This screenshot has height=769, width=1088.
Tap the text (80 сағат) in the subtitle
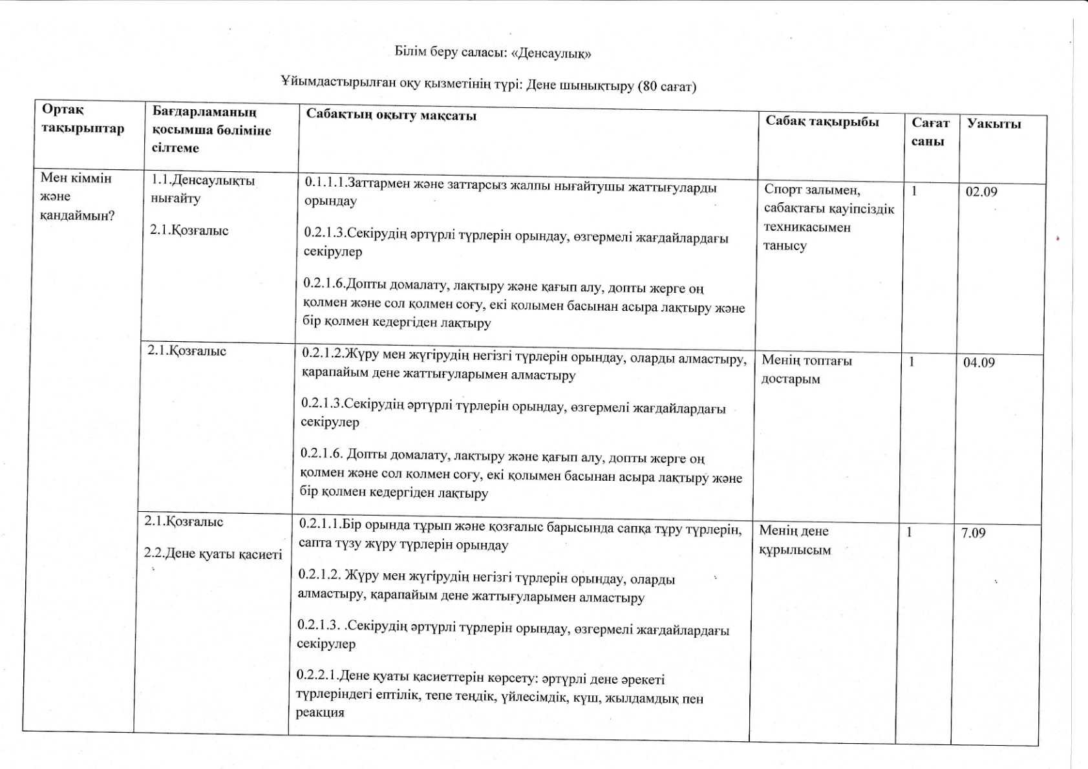[x=667, y=86]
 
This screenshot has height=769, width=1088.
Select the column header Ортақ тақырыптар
[x=82, y=119]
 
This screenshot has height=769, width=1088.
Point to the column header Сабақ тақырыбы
[x=822, y=121]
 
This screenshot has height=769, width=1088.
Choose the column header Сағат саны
[x=930, y=131]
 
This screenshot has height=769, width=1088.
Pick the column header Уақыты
[x=994, y=123]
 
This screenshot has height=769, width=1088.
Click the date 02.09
[x=981, y=192]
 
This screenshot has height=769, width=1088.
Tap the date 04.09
[x=979, y=363]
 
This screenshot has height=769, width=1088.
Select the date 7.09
[x=973, y=533]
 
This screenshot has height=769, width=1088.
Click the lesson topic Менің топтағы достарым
[x=806, y=369]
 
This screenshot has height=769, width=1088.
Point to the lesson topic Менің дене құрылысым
[x=794, y=540]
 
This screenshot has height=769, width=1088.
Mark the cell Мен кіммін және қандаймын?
[x=77, y=196]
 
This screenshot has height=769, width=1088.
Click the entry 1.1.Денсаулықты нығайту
[x=202, y=189]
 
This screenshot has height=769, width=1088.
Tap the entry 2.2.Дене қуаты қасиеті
[x=213, y=554]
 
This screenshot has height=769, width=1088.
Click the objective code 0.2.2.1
[x=317, y=675]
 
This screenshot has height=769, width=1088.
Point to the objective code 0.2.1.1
[x=320, y=523]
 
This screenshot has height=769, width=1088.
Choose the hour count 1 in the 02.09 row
[x=914, y=191]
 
